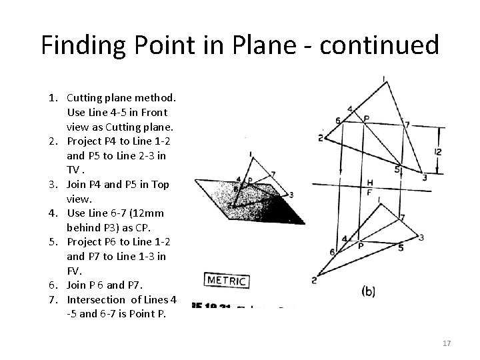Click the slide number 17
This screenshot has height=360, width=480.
(446, 343)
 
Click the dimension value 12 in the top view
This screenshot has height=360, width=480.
(437, 151)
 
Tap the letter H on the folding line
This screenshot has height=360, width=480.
(370, 182)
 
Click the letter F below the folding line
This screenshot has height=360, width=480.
(370, 192)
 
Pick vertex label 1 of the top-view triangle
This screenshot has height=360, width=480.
(384, 80)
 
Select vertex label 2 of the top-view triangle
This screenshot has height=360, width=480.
(320, 138)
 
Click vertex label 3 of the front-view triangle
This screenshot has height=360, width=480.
(421, 237)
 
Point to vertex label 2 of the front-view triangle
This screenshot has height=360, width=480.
(314, 281)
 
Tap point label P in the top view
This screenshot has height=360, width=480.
(365, 119)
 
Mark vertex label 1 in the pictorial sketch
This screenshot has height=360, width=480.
(251, 155)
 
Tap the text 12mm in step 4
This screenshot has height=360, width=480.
(149, 213)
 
